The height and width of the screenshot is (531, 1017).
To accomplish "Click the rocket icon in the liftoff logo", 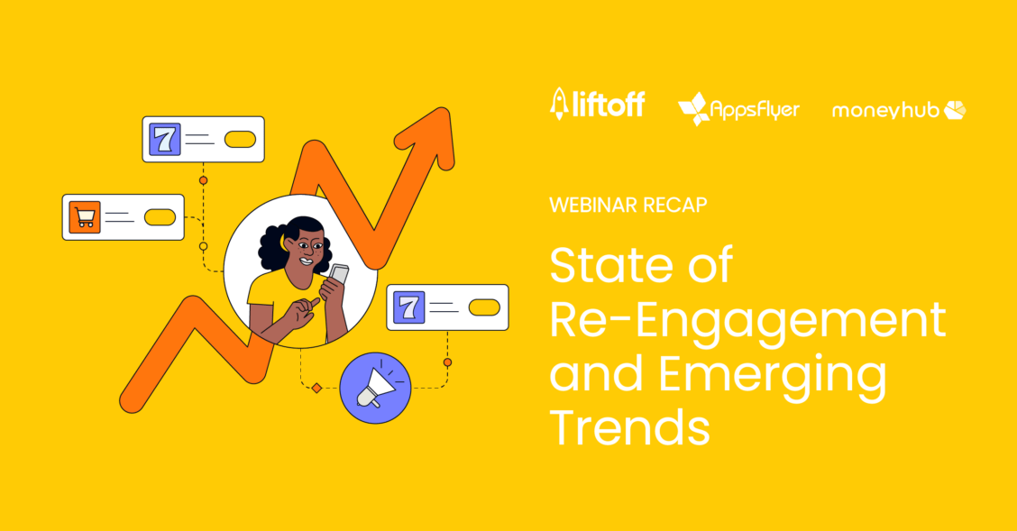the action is pos(559,104).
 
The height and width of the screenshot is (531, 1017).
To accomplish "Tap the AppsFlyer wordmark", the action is pos(755,110).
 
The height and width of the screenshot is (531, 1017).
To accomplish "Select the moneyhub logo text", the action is pos(885,110).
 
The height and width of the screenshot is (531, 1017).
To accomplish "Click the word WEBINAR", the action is pos(586,205).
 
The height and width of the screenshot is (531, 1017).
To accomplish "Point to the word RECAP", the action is pos(666,205).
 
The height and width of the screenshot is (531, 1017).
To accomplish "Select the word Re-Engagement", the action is pos(747,321).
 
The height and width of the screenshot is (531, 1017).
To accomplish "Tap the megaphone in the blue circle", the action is pos(374,387).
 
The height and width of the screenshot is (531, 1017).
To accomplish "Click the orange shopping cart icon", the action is pos(85,216).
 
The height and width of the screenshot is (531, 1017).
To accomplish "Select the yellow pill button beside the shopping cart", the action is pos(160,217).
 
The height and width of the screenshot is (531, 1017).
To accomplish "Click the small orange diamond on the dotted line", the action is pos(316,388).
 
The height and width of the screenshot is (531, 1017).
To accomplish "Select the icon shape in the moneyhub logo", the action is pos(955,110).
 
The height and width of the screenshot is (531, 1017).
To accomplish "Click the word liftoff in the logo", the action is pos(609,105).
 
